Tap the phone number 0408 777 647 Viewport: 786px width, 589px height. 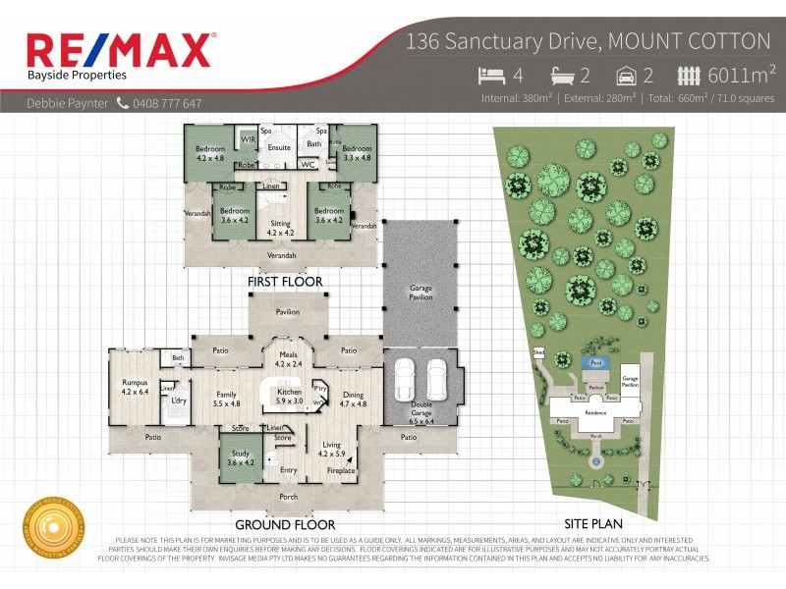(167, 103)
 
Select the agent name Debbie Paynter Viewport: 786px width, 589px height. (67, 103)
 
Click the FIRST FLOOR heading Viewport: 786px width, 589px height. (285, 282)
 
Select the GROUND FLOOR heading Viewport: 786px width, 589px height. (285, 524)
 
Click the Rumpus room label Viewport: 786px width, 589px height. (135, 387)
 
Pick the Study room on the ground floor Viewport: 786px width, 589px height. (240, 457)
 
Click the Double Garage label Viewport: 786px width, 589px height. (420, 409)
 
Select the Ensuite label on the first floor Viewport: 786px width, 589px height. (279, 147)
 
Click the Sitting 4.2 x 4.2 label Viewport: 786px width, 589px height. (280, 228)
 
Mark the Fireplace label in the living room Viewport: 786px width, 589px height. (342, 470)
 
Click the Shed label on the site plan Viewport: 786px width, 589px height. (538, 350)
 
